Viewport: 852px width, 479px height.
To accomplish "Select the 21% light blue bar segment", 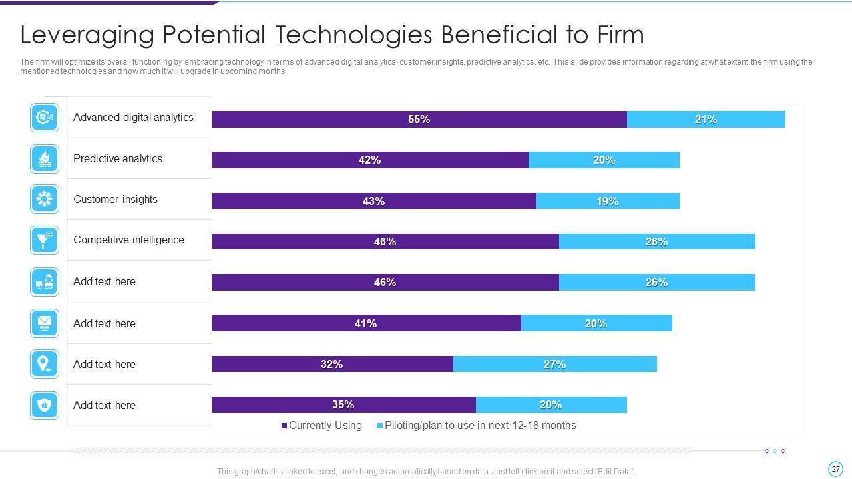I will point(706,120).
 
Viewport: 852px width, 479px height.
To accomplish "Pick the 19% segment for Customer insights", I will point(607,201).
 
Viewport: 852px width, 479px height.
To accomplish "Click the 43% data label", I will point(373,201).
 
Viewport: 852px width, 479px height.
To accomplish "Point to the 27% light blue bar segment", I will point(554,364).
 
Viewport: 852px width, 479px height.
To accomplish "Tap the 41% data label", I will point(365,323).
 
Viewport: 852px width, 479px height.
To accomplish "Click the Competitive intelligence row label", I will point(128,240).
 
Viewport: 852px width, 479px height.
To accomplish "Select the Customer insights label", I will point(115,200).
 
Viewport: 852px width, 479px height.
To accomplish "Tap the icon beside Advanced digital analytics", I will point(45,118).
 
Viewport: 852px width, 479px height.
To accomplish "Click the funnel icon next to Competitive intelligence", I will point(45,239).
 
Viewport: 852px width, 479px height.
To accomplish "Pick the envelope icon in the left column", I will point(45,323).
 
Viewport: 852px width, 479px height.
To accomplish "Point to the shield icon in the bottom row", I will point(45,404).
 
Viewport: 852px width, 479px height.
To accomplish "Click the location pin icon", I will point(45,364).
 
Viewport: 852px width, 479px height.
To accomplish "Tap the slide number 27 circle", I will point(836,468).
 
